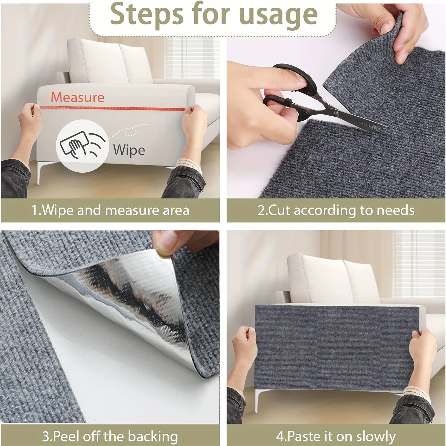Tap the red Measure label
point(78,97)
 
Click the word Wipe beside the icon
point(129,150)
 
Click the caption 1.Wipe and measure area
point(110,210)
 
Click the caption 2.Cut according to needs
point(336,210)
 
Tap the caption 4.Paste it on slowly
point(336,436)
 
